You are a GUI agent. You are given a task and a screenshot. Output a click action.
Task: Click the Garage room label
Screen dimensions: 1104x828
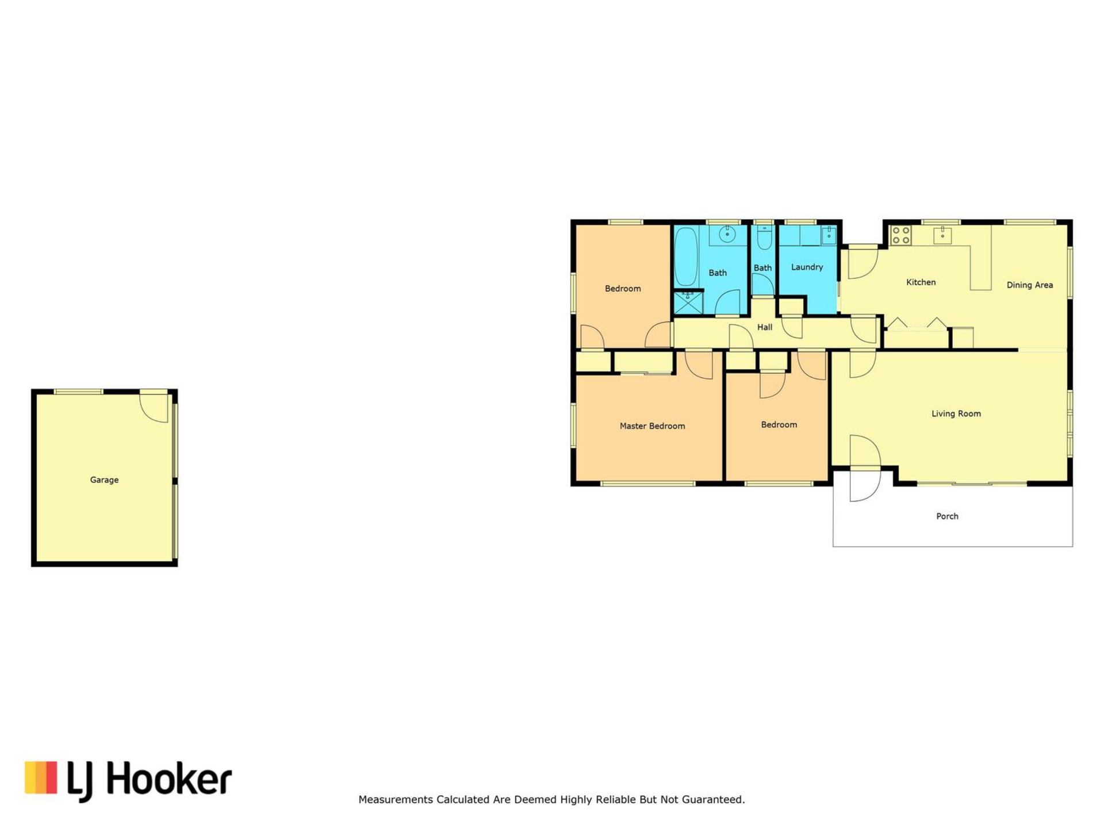104,480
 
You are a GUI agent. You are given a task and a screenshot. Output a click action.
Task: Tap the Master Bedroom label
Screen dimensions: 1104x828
652,426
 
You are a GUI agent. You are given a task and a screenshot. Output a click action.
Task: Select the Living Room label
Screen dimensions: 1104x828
956,413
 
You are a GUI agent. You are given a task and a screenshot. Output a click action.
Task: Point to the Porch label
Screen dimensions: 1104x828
947,516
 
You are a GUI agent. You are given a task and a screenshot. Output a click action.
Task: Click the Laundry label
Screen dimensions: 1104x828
807,267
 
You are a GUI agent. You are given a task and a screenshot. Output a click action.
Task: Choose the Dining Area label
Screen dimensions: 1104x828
1029,285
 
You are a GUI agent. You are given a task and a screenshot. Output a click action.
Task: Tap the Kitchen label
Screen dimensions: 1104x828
921,282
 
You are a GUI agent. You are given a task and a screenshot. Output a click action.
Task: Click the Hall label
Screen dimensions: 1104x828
764,327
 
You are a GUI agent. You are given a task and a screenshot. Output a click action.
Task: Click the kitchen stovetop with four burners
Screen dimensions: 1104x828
900,235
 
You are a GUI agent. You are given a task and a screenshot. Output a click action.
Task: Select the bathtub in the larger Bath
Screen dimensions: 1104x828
685,256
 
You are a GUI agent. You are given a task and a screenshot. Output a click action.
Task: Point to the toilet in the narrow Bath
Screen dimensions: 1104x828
764,237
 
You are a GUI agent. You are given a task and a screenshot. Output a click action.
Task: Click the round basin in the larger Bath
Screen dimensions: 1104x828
727,235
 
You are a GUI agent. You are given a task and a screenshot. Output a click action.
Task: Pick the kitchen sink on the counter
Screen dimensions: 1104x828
942,235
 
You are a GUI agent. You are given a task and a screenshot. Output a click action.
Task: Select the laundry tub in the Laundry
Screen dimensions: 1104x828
828,235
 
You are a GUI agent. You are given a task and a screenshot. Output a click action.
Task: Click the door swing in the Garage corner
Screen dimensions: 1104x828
154,408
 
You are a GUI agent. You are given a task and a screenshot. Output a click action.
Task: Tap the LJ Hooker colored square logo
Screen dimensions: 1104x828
41,777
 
